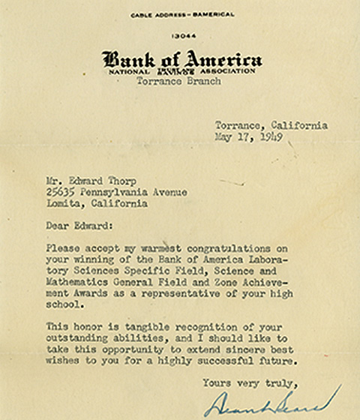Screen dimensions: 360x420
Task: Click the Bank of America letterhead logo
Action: pyautogui.click(x=182, y=59)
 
